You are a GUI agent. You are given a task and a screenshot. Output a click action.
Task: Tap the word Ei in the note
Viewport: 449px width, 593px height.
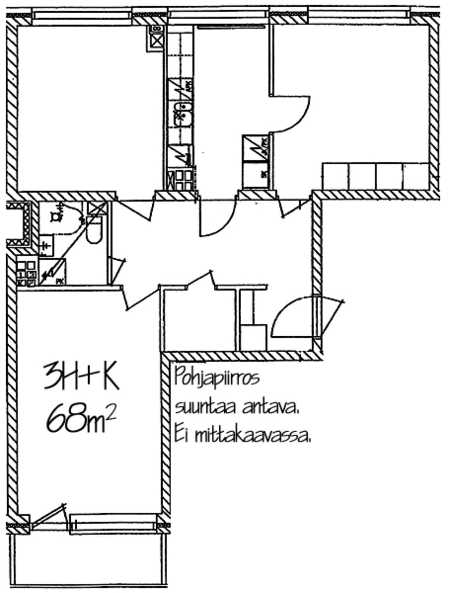coord(180,437)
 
